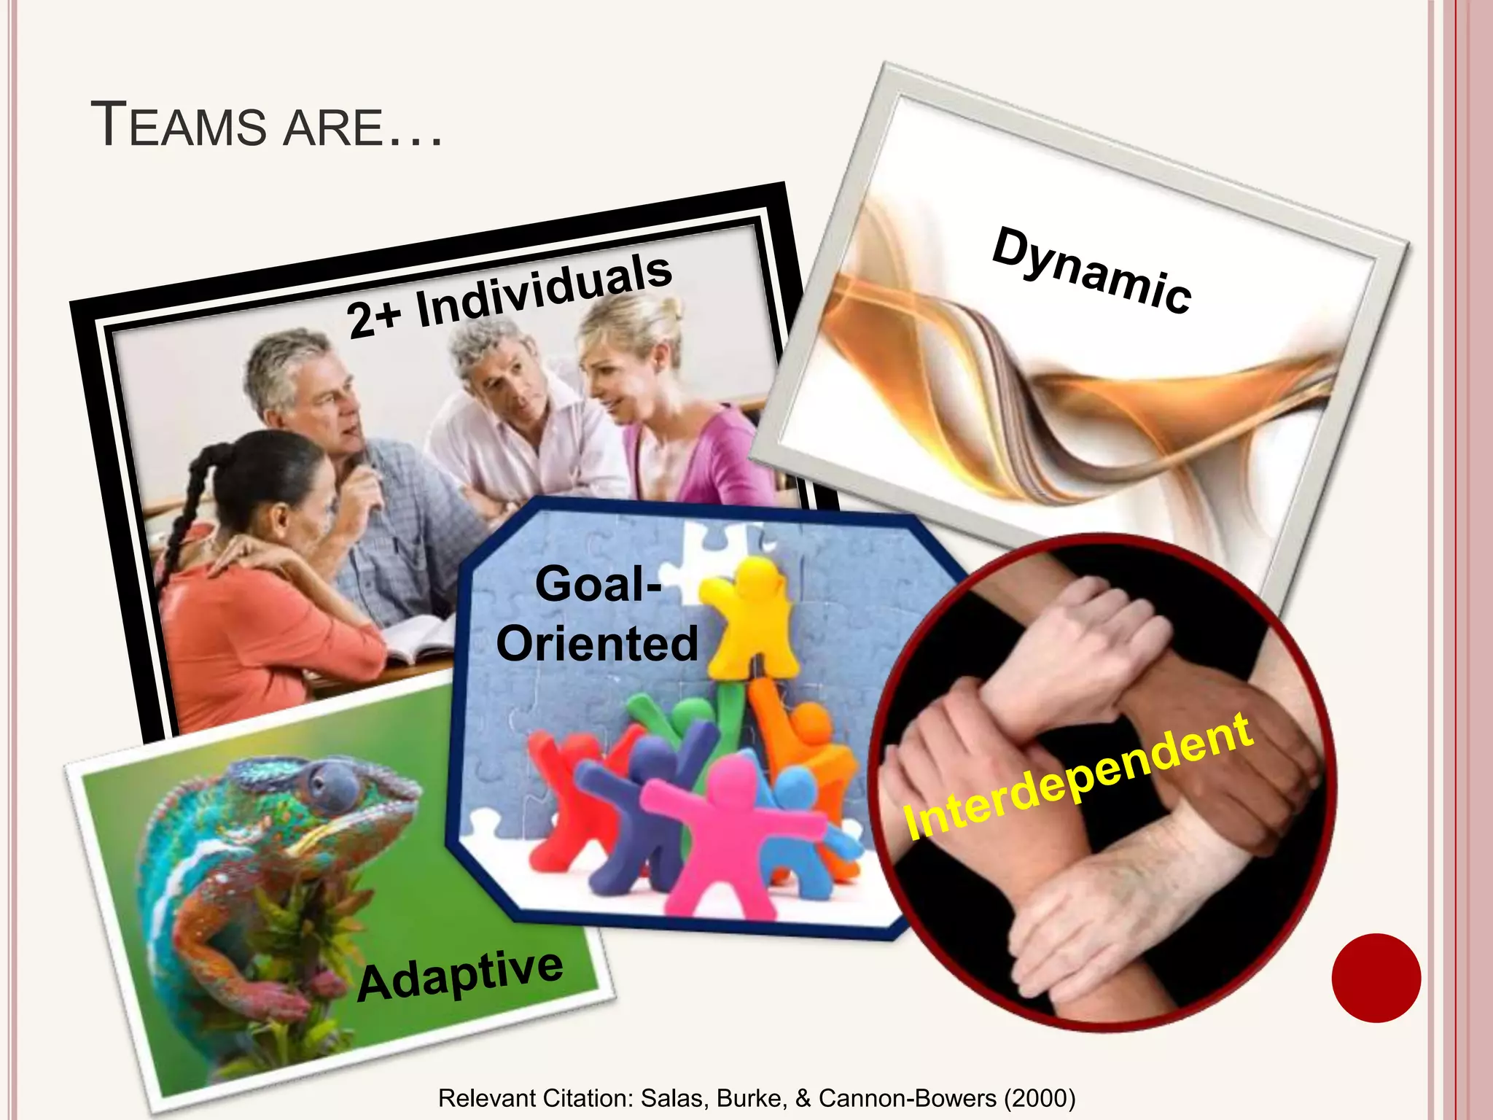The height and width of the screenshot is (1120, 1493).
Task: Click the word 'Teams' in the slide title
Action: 179,125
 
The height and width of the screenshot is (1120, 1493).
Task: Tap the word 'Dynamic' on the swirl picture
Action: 1091,271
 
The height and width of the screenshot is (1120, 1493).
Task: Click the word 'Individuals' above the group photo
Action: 544,290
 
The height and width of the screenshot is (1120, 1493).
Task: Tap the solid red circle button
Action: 1376,978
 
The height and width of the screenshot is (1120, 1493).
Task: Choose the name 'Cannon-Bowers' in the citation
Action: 908,1098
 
